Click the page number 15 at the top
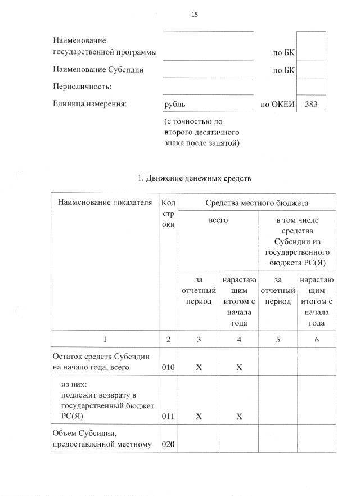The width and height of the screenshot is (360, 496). click(x=195, y=15)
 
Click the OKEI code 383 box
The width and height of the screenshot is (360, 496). click(x=310, y=104)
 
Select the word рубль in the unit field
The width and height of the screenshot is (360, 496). click(x=174, y=104)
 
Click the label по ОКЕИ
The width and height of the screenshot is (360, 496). click(x=277, y=104)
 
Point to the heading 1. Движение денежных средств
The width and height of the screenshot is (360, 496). click(x=194, y=178)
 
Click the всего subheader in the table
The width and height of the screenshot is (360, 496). click(x=218, y=221)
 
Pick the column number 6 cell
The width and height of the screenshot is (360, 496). click(x=317, y=340)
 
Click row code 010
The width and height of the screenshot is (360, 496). click(x=168, y=367)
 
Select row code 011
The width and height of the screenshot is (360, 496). click(x=168, y=417)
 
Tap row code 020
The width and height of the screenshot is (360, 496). click(x=168, y=444)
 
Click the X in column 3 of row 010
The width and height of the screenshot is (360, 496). click(x=199, y=367)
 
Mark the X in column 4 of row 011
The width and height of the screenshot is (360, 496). click(x=239, y=417)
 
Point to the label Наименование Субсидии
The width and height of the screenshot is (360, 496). click(x=98, y=70)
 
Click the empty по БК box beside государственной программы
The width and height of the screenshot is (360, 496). click(x=310, y=46)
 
